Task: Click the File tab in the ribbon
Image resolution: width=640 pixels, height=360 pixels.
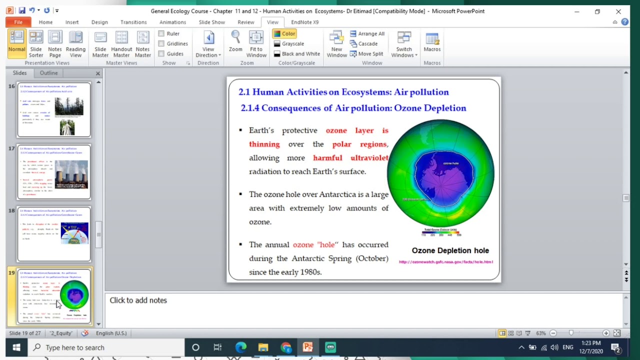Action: (18, 22)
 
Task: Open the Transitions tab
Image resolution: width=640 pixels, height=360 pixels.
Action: (133, 22)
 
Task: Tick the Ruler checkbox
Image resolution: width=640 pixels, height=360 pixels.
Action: (161, 33)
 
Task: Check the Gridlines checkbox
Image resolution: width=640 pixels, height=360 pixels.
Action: (161, 43)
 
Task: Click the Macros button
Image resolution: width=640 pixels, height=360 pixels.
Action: (432, 42)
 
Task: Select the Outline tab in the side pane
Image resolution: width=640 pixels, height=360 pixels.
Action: (48, 73)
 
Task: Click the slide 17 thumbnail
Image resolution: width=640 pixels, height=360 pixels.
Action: (54, 172)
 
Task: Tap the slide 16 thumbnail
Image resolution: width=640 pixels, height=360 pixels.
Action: (54, 109)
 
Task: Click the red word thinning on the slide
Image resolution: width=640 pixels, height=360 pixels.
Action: (264, 144)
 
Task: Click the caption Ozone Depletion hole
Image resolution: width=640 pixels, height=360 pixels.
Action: (450, 250)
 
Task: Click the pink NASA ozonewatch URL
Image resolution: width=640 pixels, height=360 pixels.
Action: (445, 261)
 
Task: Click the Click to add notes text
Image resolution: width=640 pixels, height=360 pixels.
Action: (138, 300)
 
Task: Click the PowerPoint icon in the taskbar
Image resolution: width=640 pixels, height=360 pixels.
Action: (307, 347)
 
